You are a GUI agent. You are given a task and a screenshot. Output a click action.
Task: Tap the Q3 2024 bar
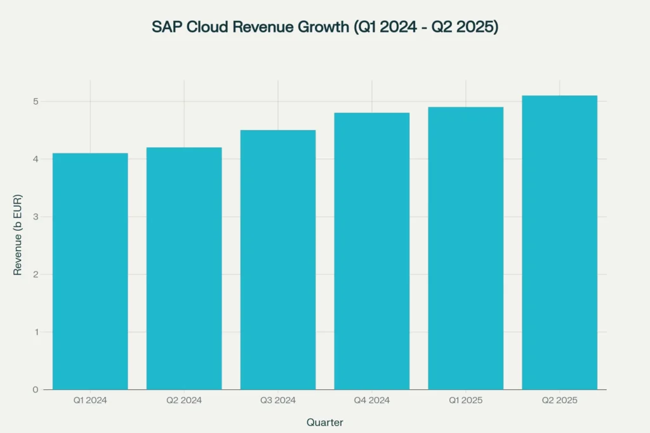click(278, 260)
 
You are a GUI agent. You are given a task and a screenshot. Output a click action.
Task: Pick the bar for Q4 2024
click(372, 251)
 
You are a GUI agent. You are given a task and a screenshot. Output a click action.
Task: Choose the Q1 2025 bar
click(466, 248)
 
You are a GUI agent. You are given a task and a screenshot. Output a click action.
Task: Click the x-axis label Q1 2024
click(90, 400)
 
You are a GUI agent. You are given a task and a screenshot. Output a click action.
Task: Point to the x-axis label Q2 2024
click(184, 400)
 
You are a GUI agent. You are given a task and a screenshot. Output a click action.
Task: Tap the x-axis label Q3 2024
click(278, 400)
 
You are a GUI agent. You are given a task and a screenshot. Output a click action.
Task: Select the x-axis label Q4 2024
click(372, 400)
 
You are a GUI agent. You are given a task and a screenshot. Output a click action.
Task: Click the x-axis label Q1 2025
click(466, 400)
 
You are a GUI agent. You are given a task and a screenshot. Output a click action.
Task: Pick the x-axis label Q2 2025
click(559, 400)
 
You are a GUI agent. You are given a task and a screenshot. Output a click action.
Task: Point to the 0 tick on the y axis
click(36, 389)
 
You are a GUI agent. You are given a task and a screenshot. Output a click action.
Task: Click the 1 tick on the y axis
click(36, 332)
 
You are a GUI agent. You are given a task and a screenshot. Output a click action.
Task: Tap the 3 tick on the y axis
click(36, 217)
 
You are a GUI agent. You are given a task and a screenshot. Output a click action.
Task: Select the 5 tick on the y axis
click(36, 101)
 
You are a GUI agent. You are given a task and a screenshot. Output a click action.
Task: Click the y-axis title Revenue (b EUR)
click(18, 234)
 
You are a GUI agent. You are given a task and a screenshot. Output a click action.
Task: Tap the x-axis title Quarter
click(325, 422)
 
